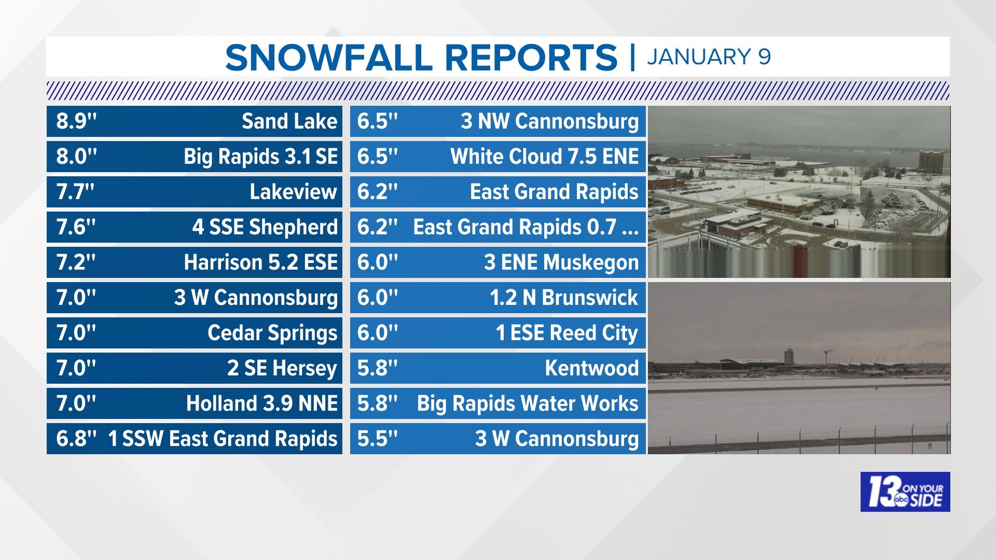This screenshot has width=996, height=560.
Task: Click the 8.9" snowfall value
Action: click(x=76, y=121)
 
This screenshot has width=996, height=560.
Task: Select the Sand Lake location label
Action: click(x=289, y=121)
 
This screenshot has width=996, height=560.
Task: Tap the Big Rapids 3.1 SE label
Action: click(x=260, y=157)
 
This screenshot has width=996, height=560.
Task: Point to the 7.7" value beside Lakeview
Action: click(x=75, y=192)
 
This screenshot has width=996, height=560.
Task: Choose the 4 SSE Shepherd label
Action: click(x=265, y=227)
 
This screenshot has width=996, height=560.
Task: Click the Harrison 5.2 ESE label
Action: click(x=260, y=262)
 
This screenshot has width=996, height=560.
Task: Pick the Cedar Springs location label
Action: click(x=272, y=333)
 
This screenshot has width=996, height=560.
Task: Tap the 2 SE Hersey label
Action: click(x=282, y=368)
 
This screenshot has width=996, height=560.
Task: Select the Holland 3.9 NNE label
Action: click(x=261, y=403)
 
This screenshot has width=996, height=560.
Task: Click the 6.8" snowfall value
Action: click(x=76, y=439)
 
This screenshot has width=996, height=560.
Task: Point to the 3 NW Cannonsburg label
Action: click(x=549, y=121)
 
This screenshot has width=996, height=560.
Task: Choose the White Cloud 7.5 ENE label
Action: click(x=544, y=157)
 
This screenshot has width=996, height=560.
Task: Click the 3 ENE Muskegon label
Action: click(x=561, y=262)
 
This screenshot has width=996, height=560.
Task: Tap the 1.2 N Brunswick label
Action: click(x=563, y=298)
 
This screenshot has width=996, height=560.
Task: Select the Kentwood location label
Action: click(x=591, y=368)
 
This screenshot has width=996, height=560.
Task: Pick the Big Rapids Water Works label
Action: click(x=528, y=403)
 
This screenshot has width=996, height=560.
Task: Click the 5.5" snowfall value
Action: click(x=377, y=439)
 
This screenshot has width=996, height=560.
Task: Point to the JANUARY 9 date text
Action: click(x=709, y=57)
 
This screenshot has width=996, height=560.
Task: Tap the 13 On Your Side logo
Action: click(x=905, y=492)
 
